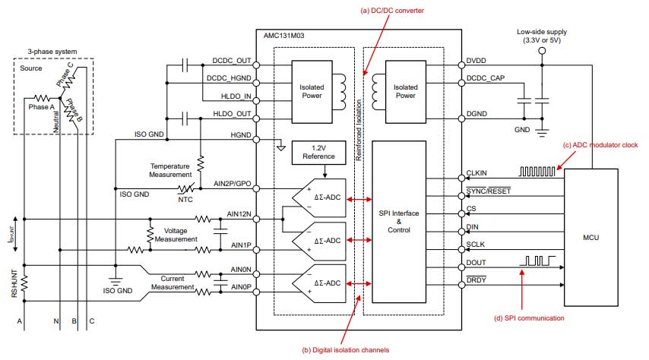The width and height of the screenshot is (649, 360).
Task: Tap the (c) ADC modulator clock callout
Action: click(604, 145)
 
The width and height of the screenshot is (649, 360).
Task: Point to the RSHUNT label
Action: click(13, 283)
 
